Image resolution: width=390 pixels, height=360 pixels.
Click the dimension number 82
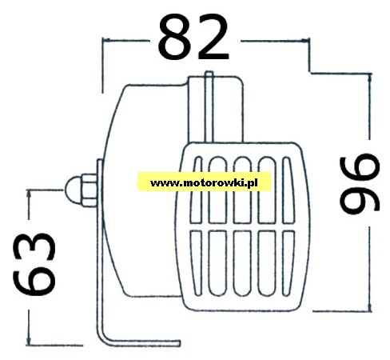(193, 37)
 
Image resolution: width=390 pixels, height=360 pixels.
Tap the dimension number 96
(360, 184)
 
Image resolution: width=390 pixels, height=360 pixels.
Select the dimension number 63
(34, 264)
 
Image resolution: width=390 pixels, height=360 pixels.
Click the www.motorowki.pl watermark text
(204, 183)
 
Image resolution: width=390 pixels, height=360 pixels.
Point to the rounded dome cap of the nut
(72, 190)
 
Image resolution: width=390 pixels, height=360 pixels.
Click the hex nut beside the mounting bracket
(89, 190)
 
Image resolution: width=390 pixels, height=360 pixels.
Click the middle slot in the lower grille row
(242, 263)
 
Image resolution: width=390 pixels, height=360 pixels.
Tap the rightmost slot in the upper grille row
(288, 190)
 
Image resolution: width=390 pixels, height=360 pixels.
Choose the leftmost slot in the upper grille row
(196, 190)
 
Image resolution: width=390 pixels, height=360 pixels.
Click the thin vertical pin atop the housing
(209, 106)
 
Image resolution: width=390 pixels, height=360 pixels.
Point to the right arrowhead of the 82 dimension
(306, 41)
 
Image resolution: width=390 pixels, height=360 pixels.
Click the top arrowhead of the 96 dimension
(369, 77)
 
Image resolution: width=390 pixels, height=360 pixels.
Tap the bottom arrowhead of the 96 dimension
(370, 307)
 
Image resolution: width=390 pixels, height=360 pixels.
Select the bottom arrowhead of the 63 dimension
(29, 341)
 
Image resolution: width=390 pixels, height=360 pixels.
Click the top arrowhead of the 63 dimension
(29, 194)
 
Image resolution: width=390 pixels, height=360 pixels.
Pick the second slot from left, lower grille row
(218, 263)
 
